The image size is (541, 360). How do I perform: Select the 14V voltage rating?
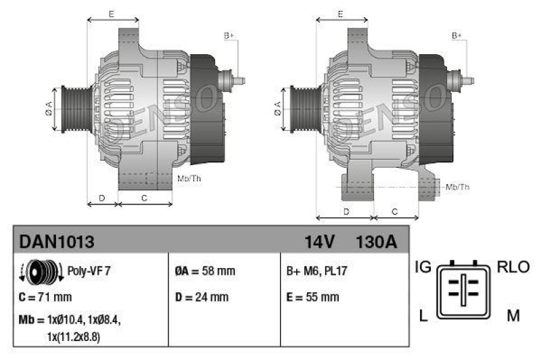[x=319, y=242]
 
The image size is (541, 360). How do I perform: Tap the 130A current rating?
[x=375, y=242]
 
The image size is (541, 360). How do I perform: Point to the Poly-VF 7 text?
[x=89, y=271]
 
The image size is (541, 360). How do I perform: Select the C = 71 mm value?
[x=46, y=297]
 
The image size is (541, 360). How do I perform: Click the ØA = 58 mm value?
[x=205, y=271]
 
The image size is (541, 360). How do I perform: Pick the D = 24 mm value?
[x=202, y=297]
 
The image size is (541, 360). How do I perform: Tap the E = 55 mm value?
[x=313, y=297]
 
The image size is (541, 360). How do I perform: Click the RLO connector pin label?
[x=513, y=267]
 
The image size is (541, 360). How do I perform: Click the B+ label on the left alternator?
[x=229, y=35]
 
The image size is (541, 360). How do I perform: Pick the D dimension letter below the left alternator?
[x=101, y=198]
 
